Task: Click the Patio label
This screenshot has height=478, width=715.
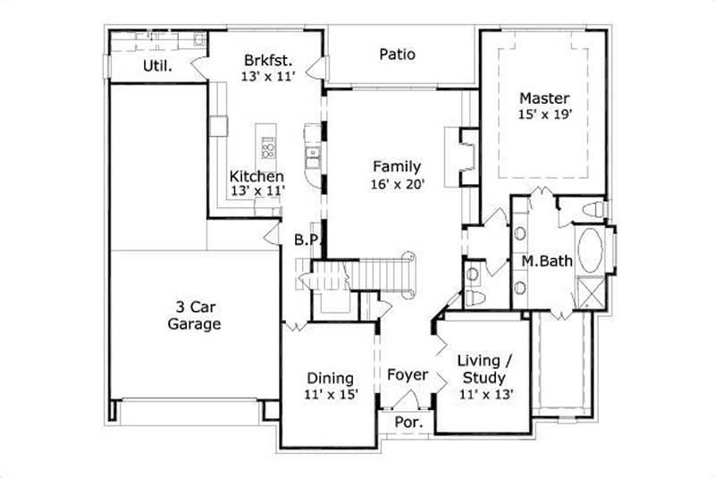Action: [x=397, y=55]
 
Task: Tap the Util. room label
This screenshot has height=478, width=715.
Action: [x=157, y=66]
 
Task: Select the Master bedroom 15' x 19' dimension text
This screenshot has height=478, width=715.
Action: [x=545, y=113]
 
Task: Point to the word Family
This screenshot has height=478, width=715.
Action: [x=397, y=166]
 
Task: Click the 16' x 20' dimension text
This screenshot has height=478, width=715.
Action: [x=398, y=185]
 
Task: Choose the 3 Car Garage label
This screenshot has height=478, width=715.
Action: [x=194, y=315]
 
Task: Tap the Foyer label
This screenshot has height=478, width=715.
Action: [x=407, y=375]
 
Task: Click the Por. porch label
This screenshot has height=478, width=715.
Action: [x=407, y=422]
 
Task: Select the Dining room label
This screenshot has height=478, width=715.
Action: [x=330, y=378]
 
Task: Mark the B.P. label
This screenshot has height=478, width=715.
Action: [x=307, y=239]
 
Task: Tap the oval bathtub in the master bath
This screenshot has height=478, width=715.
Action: [x=590, y=251]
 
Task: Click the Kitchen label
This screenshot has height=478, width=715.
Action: [x=257, y=176]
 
